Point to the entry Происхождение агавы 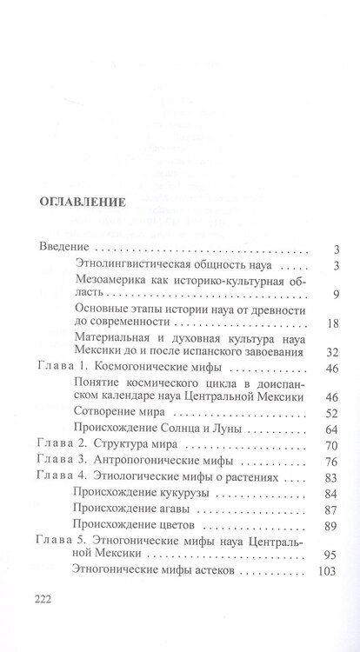click(130, 511)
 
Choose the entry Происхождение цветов click(132, 529)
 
